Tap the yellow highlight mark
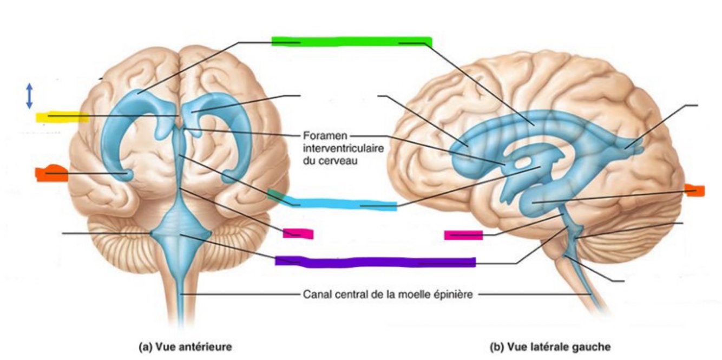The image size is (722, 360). [62, 116]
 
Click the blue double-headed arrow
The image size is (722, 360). [29, 95]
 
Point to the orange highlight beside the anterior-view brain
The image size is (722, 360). [52, 173]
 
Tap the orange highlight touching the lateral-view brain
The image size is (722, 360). [694, 190]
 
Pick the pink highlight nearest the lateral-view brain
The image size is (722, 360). [463, 235]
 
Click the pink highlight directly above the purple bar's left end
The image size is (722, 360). [298, 233]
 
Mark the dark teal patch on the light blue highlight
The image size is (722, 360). [275, 195]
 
